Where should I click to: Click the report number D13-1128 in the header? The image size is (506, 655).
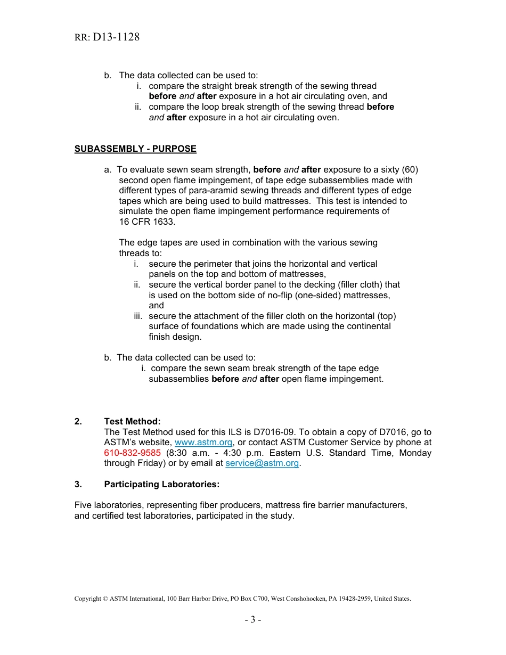(x=116, y=37)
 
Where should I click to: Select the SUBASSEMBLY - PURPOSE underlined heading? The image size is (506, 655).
(x=135, y=149)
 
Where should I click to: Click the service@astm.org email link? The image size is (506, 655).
(x=262, y=463)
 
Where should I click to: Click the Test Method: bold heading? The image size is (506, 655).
(x=132, y=422)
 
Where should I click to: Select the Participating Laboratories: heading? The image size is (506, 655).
(x=161, y=484)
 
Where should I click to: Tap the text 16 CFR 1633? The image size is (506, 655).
(x=147, y=222)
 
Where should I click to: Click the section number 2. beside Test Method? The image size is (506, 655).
(x=78, y=422)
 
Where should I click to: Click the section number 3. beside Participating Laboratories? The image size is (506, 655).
(x=78, y=484)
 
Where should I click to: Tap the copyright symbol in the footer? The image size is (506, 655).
(x=105, y=599)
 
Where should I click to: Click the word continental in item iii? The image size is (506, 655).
(x=367, y=326)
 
